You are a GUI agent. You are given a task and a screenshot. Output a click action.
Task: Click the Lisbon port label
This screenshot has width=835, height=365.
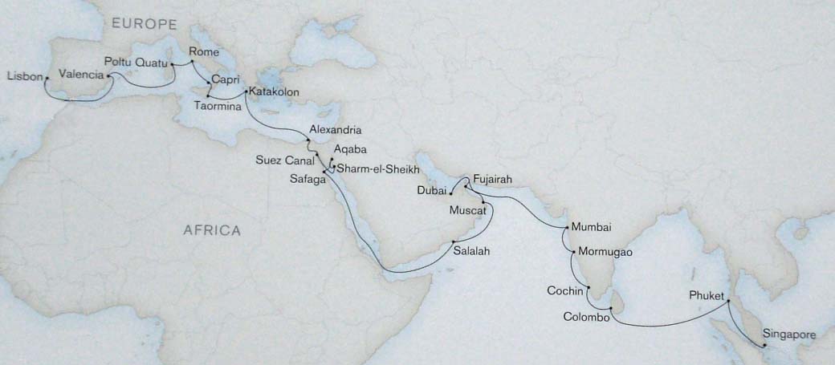click(24, 76)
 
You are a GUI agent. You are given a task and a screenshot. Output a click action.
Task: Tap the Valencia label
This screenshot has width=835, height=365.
click(81, 75)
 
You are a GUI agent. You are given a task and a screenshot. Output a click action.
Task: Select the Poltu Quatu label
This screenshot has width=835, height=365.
click(136, 61)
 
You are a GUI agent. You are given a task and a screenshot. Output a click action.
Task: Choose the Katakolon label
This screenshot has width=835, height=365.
click(274, 93)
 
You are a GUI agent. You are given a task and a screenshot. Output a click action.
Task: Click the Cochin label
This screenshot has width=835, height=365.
click(564, 290)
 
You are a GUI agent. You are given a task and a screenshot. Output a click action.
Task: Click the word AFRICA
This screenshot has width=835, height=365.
click(212, 230)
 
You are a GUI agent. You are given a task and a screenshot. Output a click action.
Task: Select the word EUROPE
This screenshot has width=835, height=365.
click(137, 25)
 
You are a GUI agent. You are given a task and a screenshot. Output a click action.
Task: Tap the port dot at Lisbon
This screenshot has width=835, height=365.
click(47, 78)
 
